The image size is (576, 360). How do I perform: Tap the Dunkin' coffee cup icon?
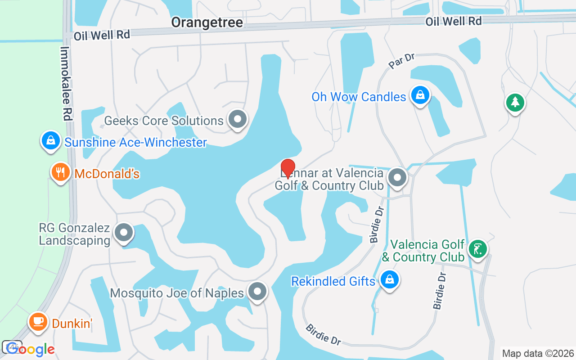(x=38, y=322)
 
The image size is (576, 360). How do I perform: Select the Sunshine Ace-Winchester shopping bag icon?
(x=51, y=141)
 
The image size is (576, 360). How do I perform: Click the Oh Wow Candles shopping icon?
(x=419, y=95)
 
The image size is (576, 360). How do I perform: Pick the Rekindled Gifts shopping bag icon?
(x=389, y=280)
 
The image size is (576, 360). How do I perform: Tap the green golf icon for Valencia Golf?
(x=477, y=248)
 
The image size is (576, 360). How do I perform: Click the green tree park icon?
(x=515, y=103)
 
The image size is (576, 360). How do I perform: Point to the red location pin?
(x=288, y=168)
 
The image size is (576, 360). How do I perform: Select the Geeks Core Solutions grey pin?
(x=238, y=119)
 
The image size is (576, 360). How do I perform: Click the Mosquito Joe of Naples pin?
(x=257, y=292)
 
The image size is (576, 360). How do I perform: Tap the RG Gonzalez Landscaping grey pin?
(x=123, y=233)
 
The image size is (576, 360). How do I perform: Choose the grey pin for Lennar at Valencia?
(x=397, y=177)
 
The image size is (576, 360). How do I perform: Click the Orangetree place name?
(x=207, y=22)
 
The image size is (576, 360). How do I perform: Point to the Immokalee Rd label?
(x=66, y=84)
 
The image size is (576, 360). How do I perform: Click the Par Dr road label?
(x=401, y=61)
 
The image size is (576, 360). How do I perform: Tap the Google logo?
(x=30, y=349)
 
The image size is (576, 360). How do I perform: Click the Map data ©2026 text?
(x=538, y=353)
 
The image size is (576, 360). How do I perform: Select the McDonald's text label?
(x=107, y=174)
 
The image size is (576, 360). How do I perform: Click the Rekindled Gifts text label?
(x=333, y=281)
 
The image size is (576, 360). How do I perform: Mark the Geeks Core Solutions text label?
(x=164, y=121)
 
